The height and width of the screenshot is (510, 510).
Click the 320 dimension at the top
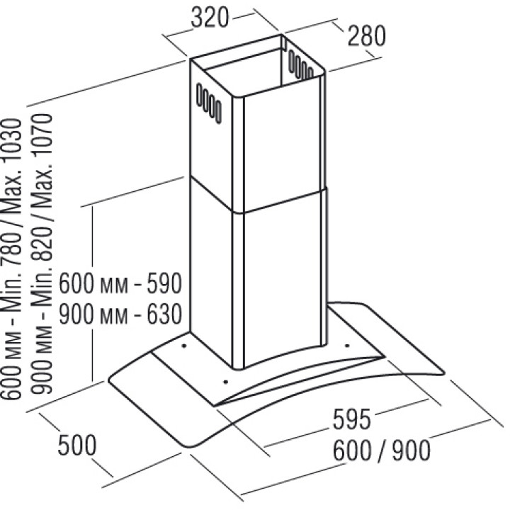(x=210, y=19)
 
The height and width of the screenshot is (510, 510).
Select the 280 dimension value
(x=365, y=35)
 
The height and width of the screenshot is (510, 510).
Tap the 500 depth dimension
(x=76, y=446)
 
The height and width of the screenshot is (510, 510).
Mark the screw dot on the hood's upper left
(x=183, y=346)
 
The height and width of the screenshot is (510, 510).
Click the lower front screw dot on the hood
(x=225, y=382)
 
